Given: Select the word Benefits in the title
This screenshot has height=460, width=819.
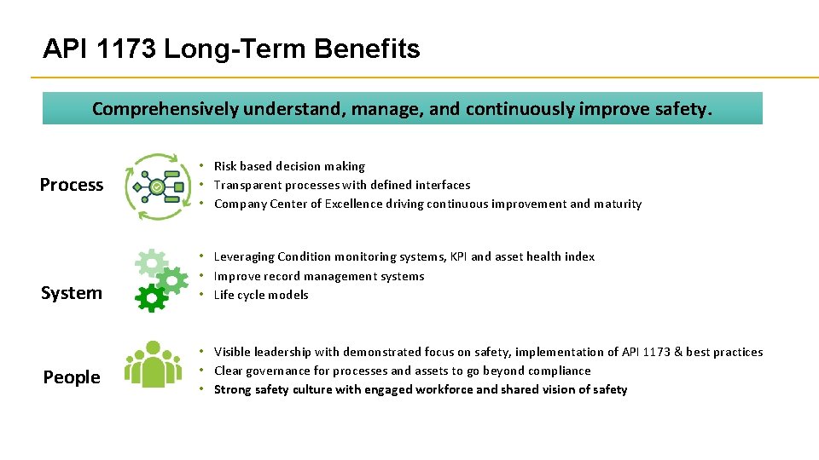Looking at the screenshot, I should pyautogui.click(x=367, y=49).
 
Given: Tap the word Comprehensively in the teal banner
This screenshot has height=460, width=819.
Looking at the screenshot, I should pyautogui.click(x=166, y=109).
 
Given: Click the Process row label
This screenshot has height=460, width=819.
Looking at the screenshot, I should pyautogui.click(x=72, y=185).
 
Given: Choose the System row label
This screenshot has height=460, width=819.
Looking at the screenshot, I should pyautogui.click(x=72, y=293).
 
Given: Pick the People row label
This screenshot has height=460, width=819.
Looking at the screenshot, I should pyautogui.click(x=72, y=377).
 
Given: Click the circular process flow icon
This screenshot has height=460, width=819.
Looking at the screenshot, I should pyautogui.click(x=157, y=186).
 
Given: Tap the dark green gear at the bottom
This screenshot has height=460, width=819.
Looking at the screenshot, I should pyautogui.click(x=150, y=297).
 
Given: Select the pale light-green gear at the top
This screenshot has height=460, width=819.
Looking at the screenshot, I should pyautogui.click(x=151, y=262).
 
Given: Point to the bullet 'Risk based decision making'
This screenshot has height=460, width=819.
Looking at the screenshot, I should pyautogui.click(x=289, y=166).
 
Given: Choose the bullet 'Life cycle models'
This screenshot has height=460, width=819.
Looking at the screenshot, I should pyautogui.click(x=261, y=295).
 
